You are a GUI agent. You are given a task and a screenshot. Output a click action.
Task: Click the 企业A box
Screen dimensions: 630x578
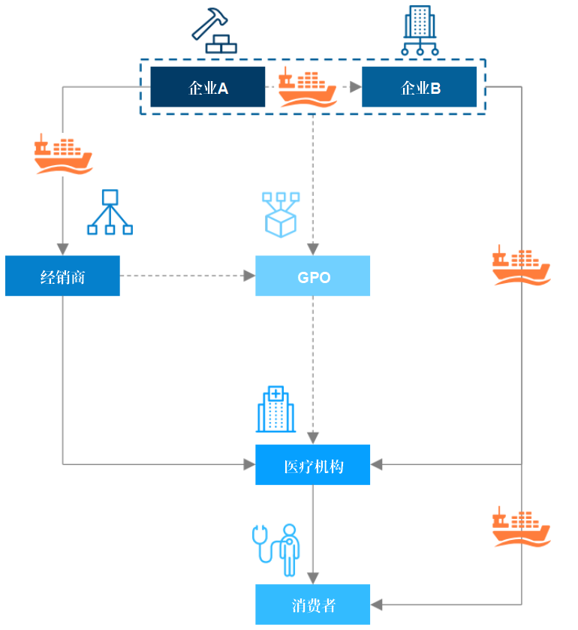[x=208, y=87]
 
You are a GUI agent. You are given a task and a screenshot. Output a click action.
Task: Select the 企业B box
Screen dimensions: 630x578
[x=419, y=87]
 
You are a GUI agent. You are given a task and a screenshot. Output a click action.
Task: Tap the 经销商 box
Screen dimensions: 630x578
[x=62, y=276]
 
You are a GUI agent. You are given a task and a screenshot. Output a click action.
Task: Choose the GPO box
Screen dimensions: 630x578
[x=312, y=276]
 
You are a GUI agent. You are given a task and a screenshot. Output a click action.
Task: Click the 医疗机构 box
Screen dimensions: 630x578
[x=312, y=465]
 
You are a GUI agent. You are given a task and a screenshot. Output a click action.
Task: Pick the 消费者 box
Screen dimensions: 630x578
[x=312, y=604]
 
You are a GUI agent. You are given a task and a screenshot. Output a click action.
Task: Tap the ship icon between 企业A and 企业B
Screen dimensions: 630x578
[x=307, y=88]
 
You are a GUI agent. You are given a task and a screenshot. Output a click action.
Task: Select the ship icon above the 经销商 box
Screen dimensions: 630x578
[x=63, y=155]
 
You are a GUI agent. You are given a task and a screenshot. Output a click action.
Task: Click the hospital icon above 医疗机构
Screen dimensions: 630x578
[x=275, y=410]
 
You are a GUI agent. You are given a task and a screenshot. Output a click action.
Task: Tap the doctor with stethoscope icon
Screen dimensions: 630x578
[x=276, y=550]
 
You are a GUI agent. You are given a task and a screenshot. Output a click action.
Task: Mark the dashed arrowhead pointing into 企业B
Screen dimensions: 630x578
[x=356, y=87]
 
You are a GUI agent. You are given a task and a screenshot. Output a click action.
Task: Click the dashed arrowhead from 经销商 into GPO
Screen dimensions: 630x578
[x=249, y=276]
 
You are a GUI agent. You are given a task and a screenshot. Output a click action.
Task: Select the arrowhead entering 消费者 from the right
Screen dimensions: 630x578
[x=378, y=604]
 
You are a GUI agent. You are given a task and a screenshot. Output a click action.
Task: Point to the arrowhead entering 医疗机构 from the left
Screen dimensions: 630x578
[x=249, y=465]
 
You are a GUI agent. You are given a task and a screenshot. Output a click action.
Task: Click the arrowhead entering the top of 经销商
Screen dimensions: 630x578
[x=62, y=249]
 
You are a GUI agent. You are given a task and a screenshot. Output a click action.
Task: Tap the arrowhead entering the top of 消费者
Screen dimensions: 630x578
[x=312, y=578]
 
